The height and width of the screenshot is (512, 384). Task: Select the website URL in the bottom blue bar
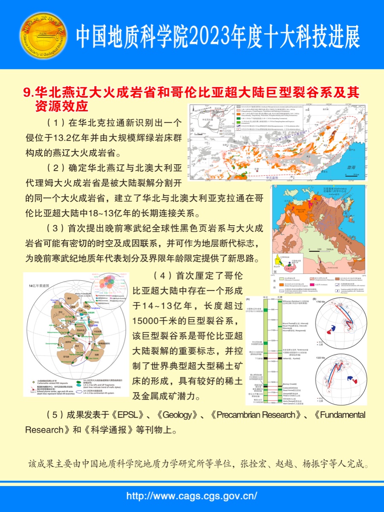coord(192,496)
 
